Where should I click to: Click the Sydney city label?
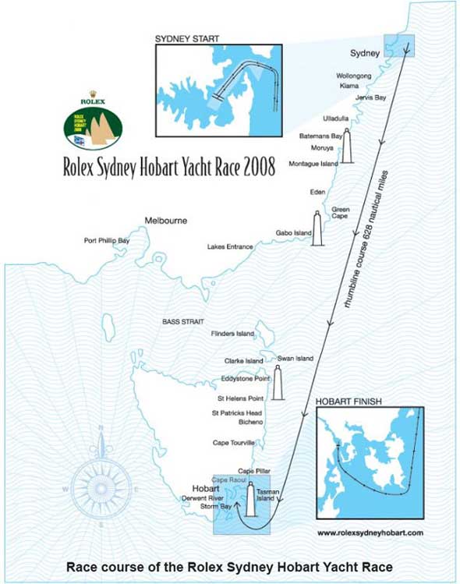coord(363,54)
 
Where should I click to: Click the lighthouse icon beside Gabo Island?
coord(317,228)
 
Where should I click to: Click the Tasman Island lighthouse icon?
coord(251,499)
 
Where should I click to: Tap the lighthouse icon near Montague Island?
coord(347,144)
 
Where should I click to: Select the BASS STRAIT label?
coord(182,321)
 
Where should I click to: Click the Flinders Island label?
coord(232,334)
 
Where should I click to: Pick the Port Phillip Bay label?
coord(107,241)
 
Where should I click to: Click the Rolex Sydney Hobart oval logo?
coord(93,128)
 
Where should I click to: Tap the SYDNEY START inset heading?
coord(187,37)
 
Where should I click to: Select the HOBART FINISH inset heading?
coord(349,402)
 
